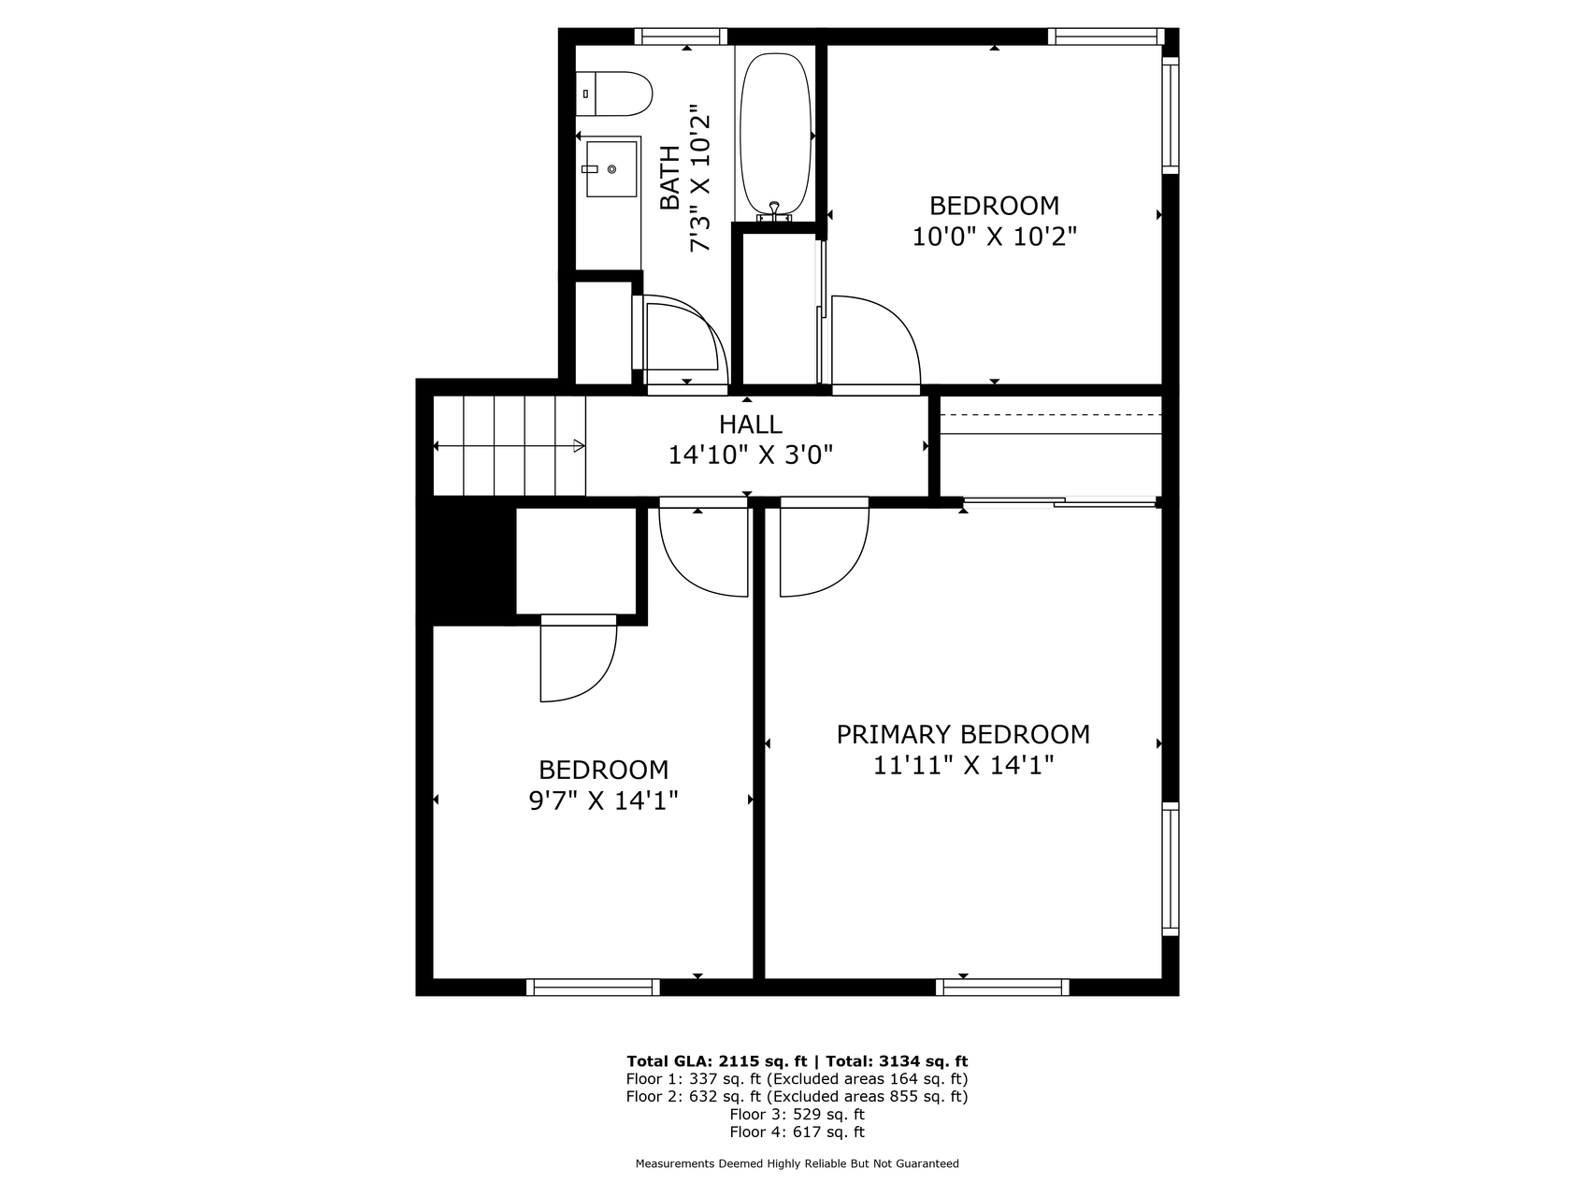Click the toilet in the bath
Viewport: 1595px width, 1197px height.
click(x=613, y=94)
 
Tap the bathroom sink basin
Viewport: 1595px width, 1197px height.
click(x=611, y=169)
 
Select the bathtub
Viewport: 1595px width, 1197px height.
click(x=775, y=137)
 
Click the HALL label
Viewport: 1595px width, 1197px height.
click(x=751, y=425)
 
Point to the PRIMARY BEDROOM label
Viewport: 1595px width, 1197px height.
click(x=963, y=734)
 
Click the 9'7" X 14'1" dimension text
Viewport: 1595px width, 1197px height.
click(x=603, y=801)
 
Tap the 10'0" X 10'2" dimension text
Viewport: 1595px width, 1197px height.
click(x=995, y=237)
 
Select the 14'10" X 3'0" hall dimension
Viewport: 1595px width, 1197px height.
click(x=751, y=455)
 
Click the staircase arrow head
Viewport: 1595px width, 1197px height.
click(x=580, y=446)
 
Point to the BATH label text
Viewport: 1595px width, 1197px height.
click(x=669, y=178)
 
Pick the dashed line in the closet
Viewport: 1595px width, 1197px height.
click(x=1051, y=414)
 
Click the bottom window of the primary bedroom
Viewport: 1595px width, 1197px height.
click(x=1002, y=987)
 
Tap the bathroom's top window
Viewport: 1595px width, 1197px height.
click(x=681, y=36)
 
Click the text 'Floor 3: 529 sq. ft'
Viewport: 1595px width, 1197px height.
click(x=797, y=1114)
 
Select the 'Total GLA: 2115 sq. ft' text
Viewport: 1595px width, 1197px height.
click(x=716, y=1061)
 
